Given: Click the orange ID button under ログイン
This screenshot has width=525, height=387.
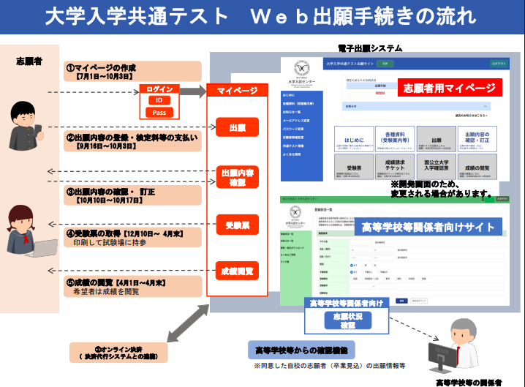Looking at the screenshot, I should (159, 100).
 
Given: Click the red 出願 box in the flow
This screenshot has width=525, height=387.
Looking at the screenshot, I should (236, 128).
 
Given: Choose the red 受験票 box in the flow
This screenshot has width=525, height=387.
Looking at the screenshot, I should (236, 223).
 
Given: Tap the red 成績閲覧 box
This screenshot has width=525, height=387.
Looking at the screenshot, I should (236, 271).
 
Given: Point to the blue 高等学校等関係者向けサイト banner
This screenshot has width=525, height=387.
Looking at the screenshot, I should (428, 228).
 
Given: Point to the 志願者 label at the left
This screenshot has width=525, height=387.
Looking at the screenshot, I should (29, 61).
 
